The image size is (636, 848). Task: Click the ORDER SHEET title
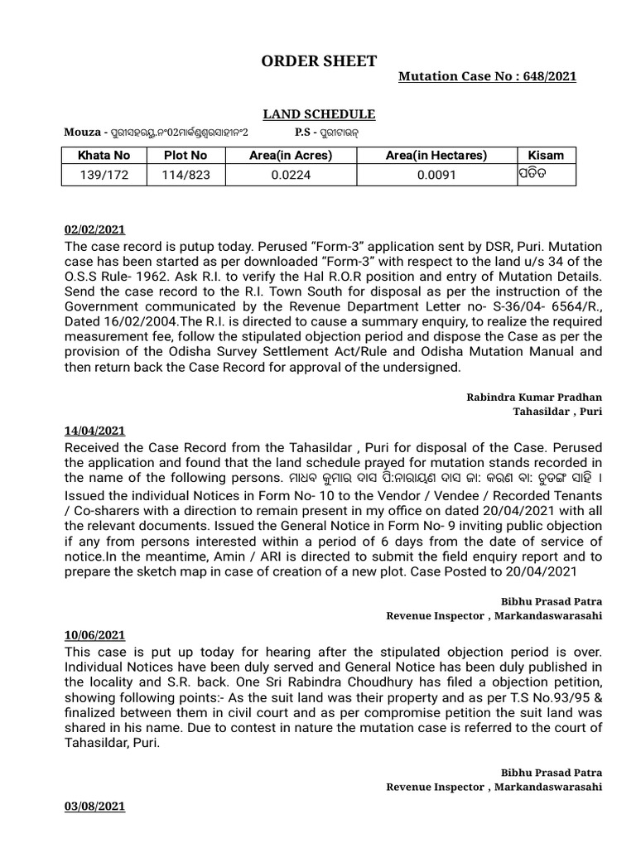[319, 61]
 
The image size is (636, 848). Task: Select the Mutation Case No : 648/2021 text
[487, 76]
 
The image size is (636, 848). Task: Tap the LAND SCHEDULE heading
[319, 114]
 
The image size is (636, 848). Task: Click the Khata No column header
[104, 155]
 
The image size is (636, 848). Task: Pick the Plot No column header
[185, 155]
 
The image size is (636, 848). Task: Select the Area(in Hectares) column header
[436, 155]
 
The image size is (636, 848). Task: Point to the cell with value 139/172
[104, 175]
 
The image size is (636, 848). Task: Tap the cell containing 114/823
[185, 175]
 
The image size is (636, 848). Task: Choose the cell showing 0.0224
[291, 175]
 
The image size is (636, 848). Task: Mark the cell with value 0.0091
[436, 175]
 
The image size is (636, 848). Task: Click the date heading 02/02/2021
[94, 229]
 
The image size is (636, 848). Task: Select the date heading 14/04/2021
[94, 430]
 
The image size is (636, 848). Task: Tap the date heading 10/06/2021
[94, 635]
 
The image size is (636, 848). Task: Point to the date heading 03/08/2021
[94, 805]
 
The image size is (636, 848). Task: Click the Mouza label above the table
[82, 132]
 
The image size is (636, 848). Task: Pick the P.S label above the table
[306, 132]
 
